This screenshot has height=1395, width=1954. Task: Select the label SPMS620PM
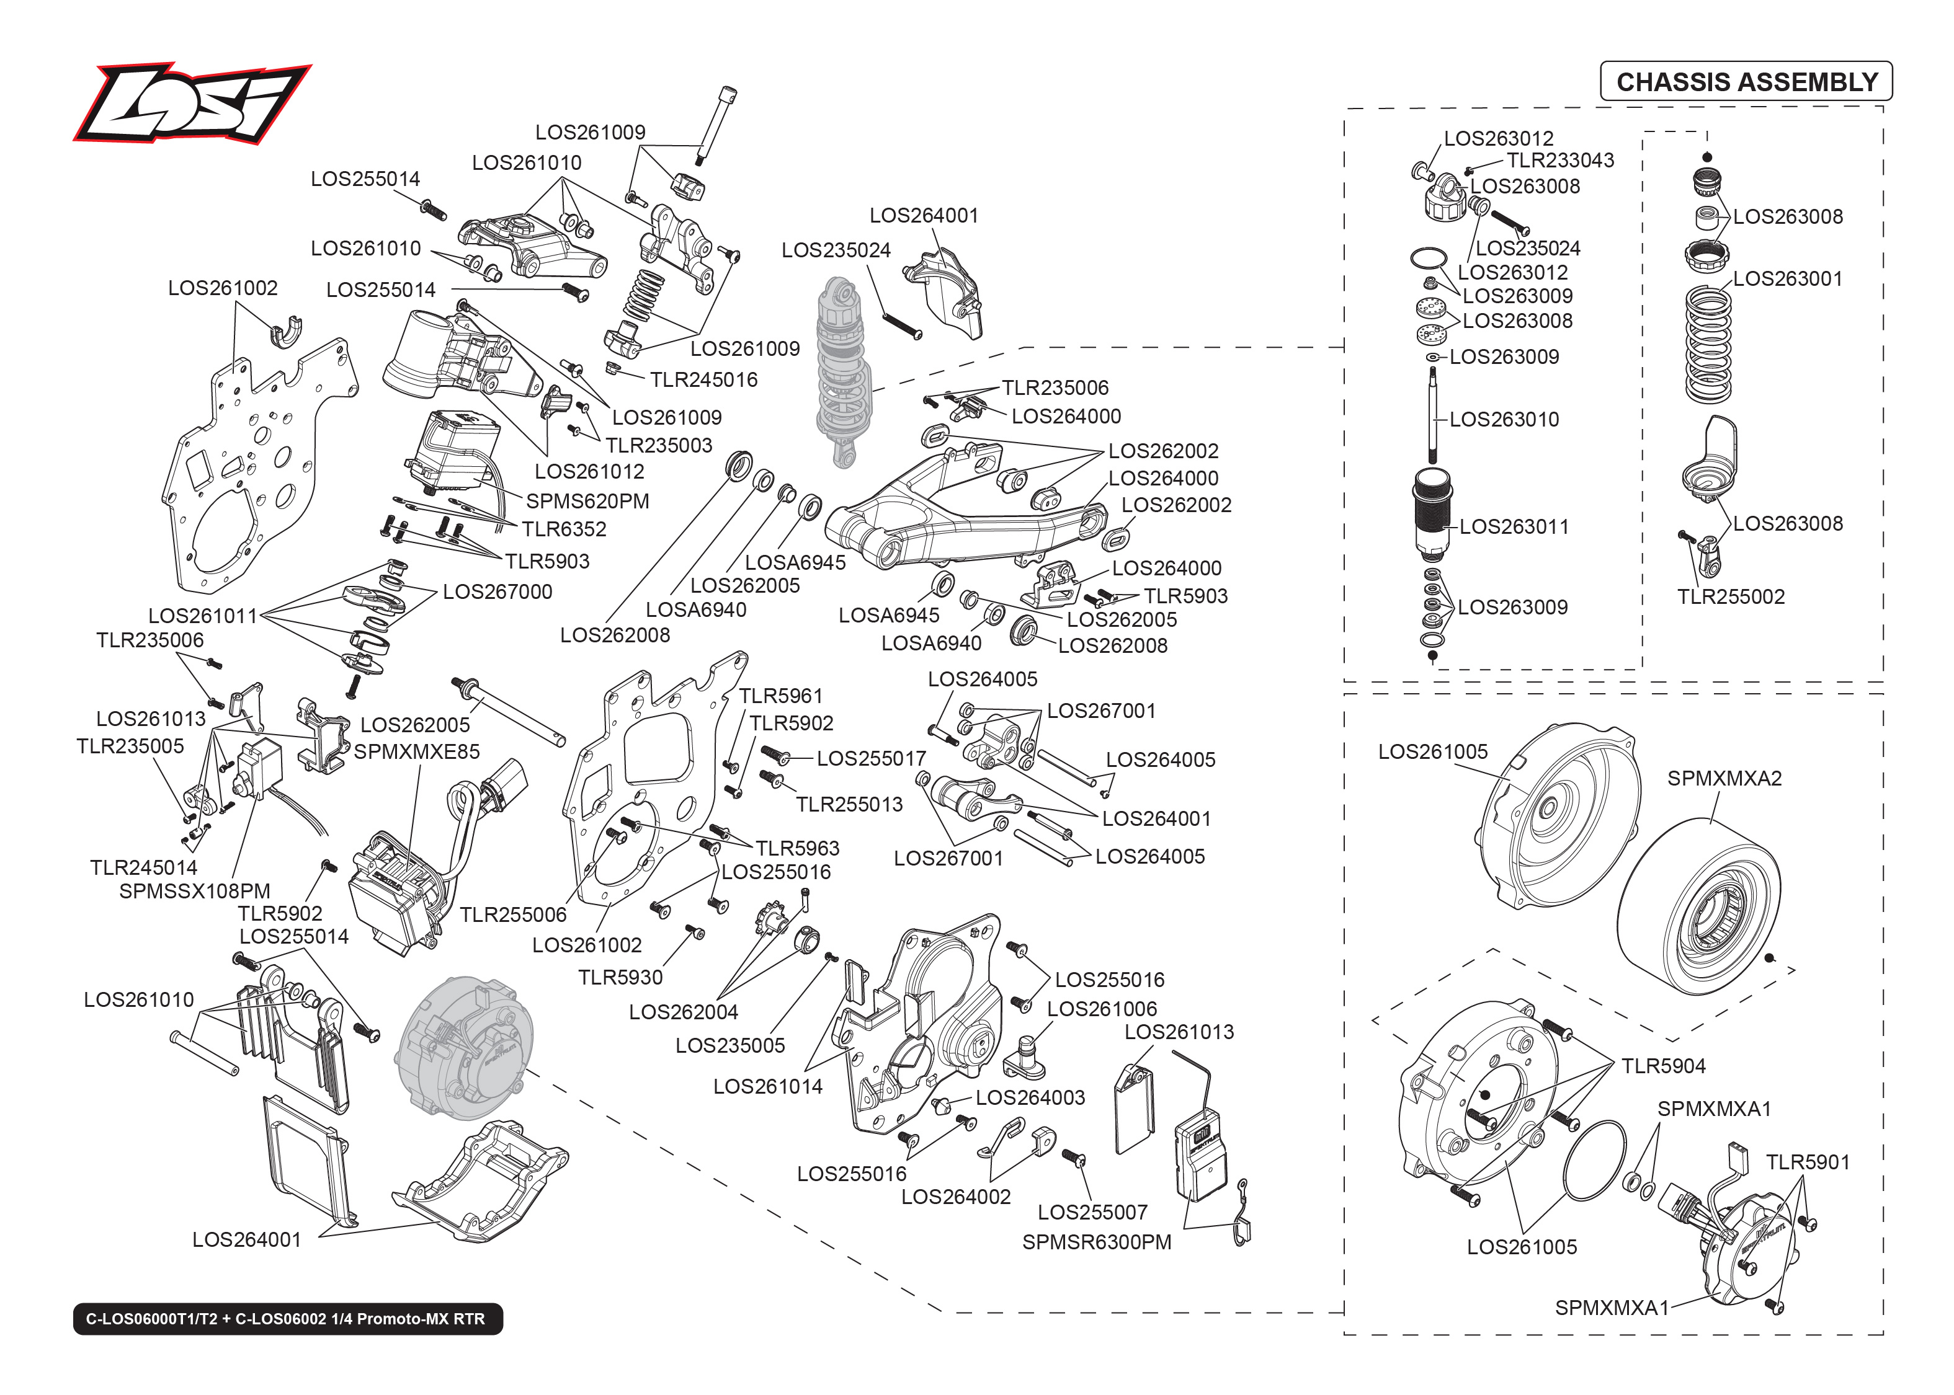point(587,502)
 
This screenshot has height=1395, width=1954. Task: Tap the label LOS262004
point(683,1012)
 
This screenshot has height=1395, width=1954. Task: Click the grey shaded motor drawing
point(464,1048)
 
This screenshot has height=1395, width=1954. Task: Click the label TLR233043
point(1559,161)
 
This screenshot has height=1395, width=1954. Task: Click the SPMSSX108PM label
point(194,892)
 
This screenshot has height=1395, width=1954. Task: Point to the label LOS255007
point(1092,1213)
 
